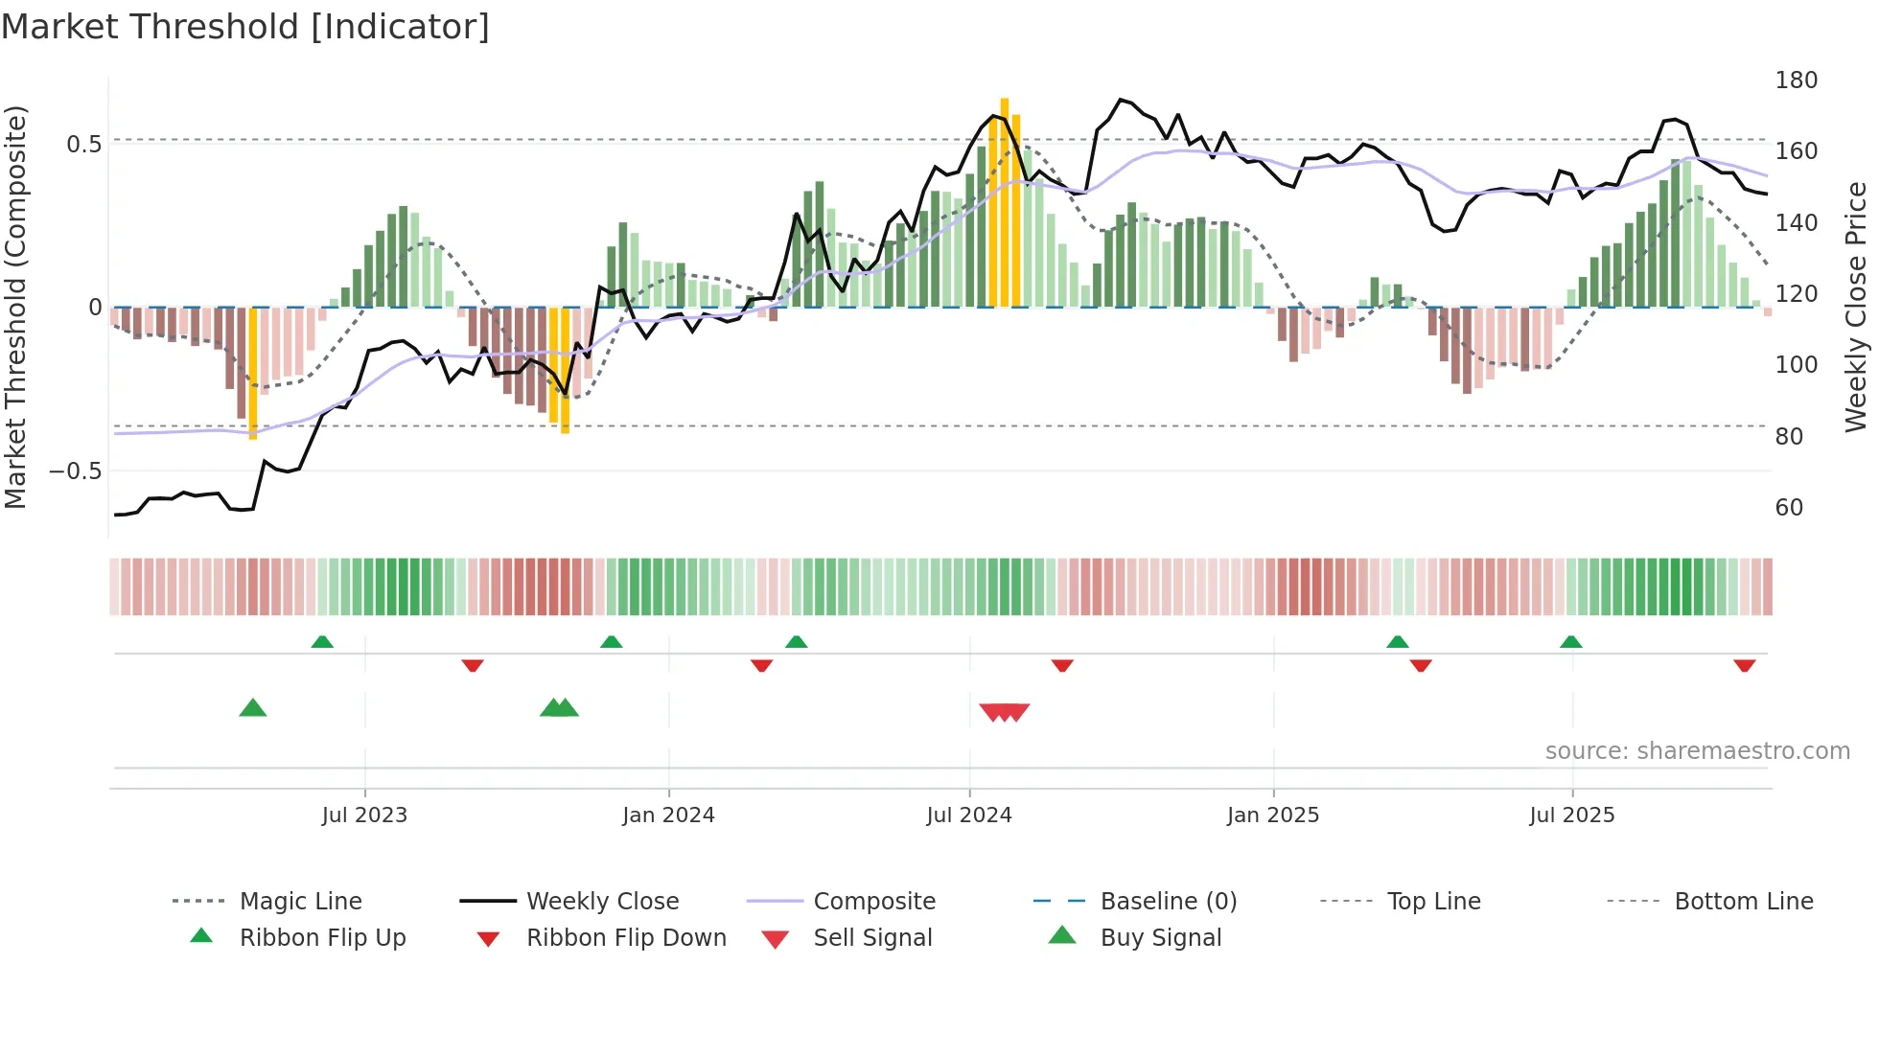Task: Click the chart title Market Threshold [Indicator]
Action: (x=245, y=27)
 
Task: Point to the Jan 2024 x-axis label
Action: (x=668, y=815)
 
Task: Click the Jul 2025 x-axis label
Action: (x=1571, y=815)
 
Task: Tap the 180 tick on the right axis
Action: (x=1796, y=80)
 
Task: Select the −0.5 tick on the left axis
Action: (x=75, y=471)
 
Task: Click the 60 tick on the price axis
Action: (x=1789, y=507)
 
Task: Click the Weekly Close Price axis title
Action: (x=1856, y=307)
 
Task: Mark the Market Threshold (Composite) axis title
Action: (x=15, y=307)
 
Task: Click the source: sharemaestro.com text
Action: (x=1697, y=750)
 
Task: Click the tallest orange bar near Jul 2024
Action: (x=1004, y=201)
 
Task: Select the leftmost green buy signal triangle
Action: (x=252, y=708)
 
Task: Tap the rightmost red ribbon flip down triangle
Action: (x=1744, y=665)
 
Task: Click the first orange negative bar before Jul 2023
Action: (x=253, y=374)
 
